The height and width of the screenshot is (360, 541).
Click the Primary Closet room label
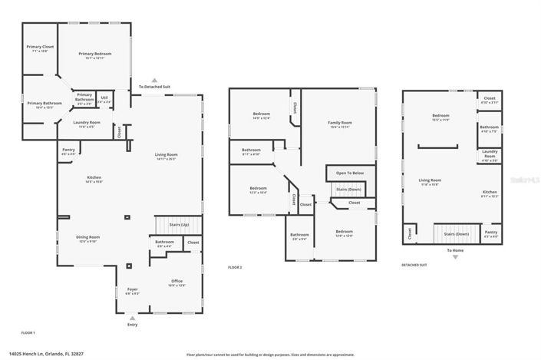pos(40,48)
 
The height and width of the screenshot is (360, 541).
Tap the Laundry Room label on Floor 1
pos(87,123)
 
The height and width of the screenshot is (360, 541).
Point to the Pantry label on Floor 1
pos(69,150)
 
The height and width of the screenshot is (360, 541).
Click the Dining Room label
pos(87,237)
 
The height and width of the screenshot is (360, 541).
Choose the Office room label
pos(176,282)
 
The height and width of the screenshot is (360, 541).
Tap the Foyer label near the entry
pos(132,290)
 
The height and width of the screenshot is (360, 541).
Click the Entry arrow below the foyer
pos(132,317)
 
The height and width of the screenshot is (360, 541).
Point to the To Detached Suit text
pos(154,87)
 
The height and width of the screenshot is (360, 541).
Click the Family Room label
pos(340,123)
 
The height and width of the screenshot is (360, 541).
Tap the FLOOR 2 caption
pos(235,266)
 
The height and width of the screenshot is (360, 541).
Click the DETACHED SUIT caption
pos(415,266)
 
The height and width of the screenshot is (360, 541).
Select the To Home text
pos(455,249)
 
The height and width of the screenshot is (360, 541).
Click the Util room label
pos(104,97)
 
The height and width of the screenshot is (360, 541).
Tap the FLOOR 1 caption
pos(28,332)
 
